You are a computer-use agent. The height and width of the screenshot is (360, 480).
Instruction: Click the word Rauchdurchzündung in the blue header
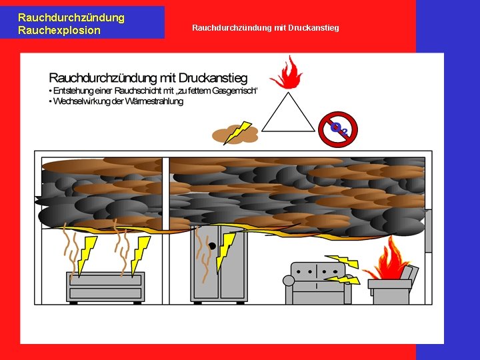pyautogui.click(x=71, y=18)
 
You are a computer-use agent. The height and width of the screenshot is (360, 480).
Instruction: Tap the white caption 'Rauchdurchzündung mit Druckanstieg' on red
pyautogui.click(x=265, y=28)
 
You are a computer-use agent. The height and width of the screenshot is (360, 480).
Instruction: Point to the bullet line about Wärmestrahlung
pyautogui.click(x=117, y=101)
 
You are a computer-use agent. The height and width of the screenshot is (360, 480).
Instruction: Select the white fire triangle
pyautogui.click(x=288, y=115)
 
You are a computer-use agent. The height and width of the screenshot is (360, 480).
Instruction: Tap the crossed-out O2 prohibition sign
pyautogui.click(x=338, y=129)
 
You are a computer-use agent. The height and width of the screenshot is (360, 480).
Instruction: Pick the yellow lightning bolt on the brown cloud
pyautogui.click(x=238, y=132)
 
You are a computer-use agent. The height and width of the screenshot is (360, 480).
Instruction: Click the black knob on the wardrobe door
pyautogui.click(x=212, y=246)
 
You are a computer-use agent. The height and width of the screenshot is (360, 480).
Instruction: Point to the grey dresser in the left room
pyautogui.click(x=105, y=287)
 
